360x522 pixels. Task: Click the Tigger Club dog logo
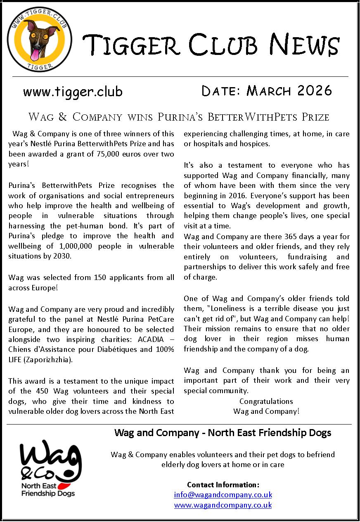point(40,39)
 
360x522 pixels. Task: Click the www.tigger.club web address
point(73,91)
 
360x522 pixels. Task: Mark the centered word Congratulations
point(266,401)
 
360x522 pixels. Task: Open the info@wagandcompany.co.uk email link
point(223,494)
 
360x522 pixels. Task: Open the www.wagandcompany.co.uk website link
point(223,505)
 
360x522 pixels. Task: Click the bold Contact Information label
point(223,484)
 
